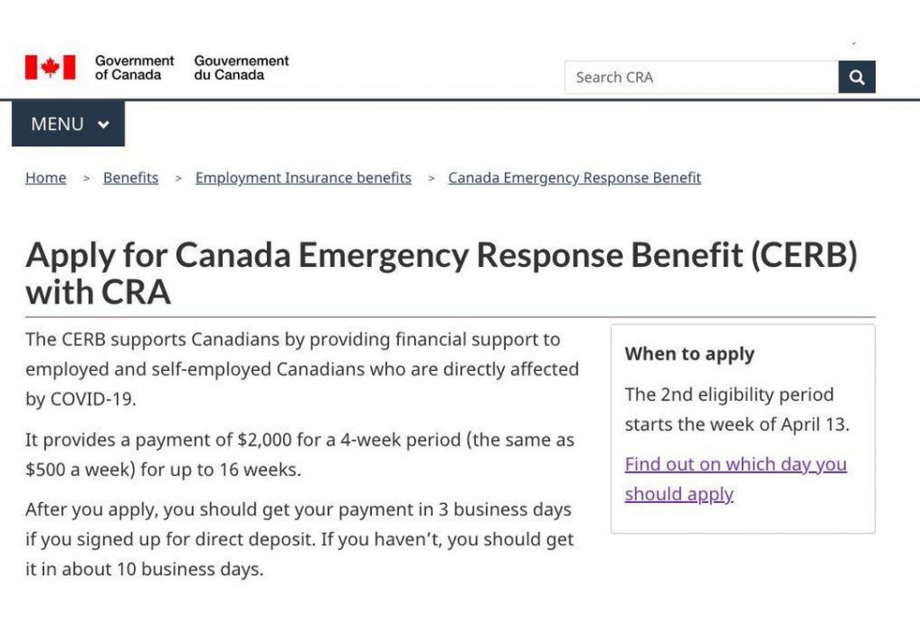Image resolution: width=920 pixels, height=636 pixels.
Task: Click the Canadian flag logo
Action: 50,67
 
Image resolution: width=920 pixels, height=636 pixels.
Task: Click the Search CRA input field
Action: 701,77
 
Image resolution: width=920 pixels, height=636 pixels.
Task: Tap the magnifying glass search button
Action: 857,77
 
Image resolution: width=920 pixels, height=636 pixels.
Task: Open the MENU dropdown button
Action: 68,124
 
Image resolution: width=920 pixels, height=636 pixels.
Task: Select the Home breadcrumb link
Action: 46,178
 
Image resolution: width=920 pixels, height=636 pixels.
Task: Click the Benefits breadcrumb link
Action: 130,178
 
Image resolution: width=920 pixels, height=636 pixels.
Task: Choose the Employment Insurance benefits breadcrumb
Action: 303,178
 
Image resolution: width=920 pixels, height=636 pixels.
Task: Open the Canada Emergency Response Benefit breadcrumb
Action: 574,178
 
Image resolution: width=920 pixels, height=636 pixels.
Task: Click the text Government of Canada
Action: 135,67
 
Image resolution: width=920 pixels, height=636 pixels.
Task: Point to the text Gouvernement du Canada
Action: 241,67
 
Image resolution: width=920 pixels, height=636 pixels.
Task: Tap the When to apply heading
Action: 689,354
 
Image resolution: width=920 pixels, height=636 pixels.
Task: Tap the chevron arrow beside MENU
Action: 103,125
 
